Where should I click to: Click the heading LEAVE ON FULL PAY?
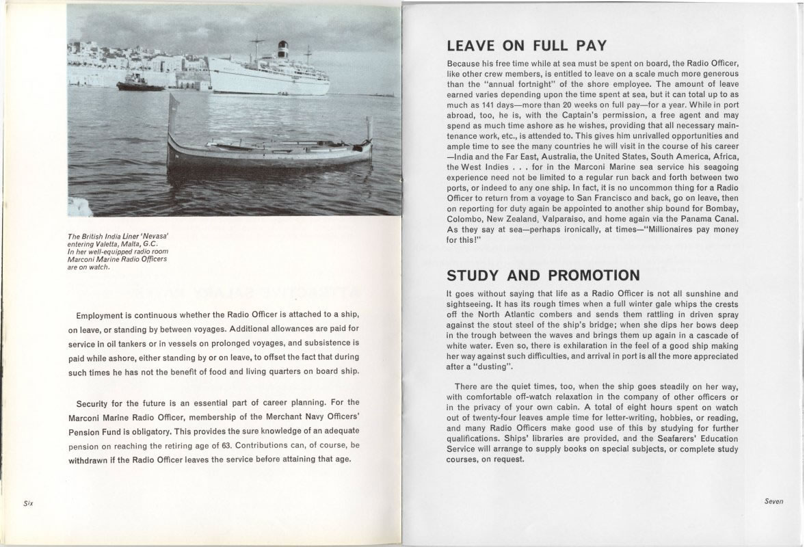526,46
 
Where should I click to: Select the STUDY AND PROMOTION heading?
543,276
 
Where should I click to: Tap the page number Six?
28,503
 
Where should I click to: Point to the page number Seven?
773,501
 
